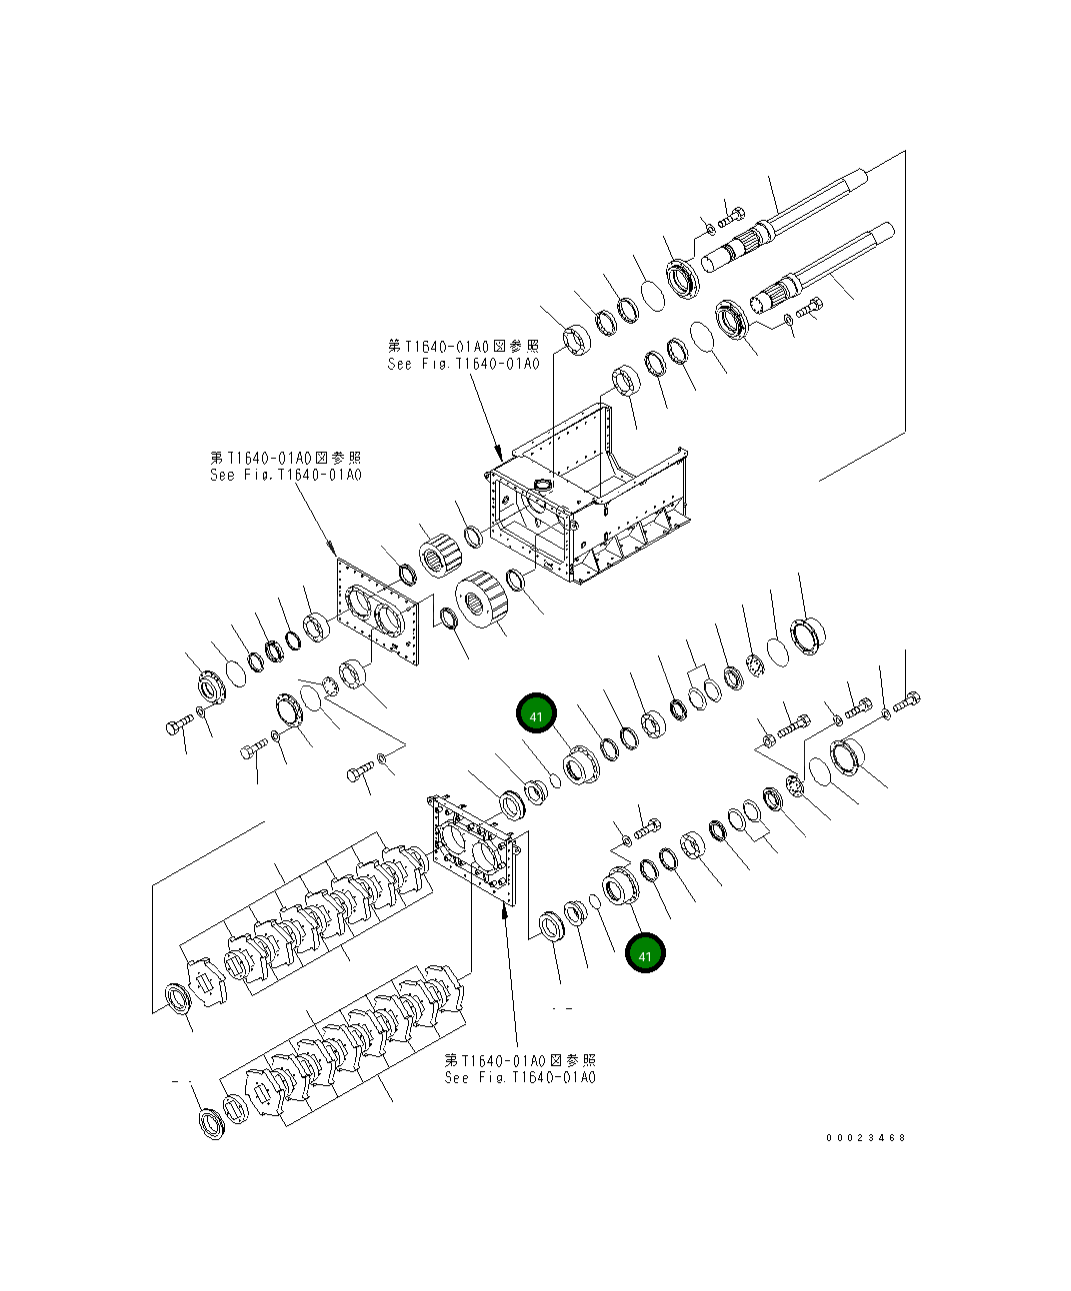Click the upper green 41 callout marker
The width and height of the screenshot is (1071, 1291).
pos(536,715)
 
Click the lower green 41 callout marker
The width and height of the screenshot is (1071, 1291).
pos(645,954)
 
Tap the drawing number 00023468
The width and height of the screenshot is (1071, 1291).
pos(865,1137)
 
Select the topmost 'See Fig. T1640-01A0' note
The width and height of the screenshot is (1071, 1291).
pos(463,355)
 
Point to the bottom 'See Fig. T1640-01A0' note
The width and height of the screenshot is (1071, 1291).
pos(520,1068)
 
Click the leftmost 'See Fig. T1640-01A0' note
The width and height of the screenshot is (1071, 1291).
pos(285,466)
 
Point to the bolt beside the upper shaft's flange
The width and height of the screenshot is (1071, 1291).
pos(732,215)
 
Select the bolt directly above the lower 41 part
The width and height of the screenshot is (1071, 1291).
pos(646,827)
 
